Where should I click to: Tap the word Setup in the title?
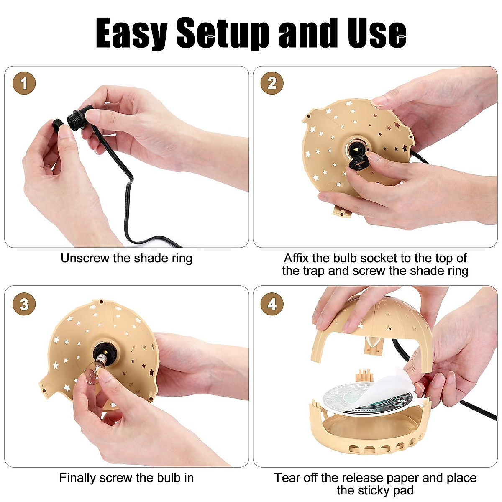click(x=222, y=33)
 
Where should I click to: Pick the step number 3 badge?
click(x=24, y=304)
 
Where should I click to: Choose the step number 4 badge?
click(x=272, y=304)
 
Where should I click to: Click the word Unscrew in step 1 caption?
click(x=85, y=258)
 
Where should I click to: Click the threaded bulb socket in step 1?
click(x=76, y=115)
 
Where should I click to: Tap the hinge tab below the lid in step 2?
click(x=341, y=210)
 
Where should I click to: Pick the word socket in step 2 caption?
click(x=381, y=258)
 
